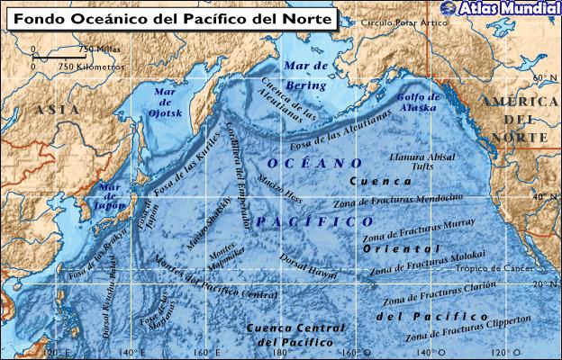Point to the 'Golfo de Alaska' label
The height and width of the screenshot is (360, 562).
pos(416,102)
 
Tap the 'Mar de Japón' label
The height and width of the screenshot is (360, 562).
pos(111,195)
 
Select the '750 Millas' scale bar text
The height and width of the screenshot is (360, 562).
pos(95,49)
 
